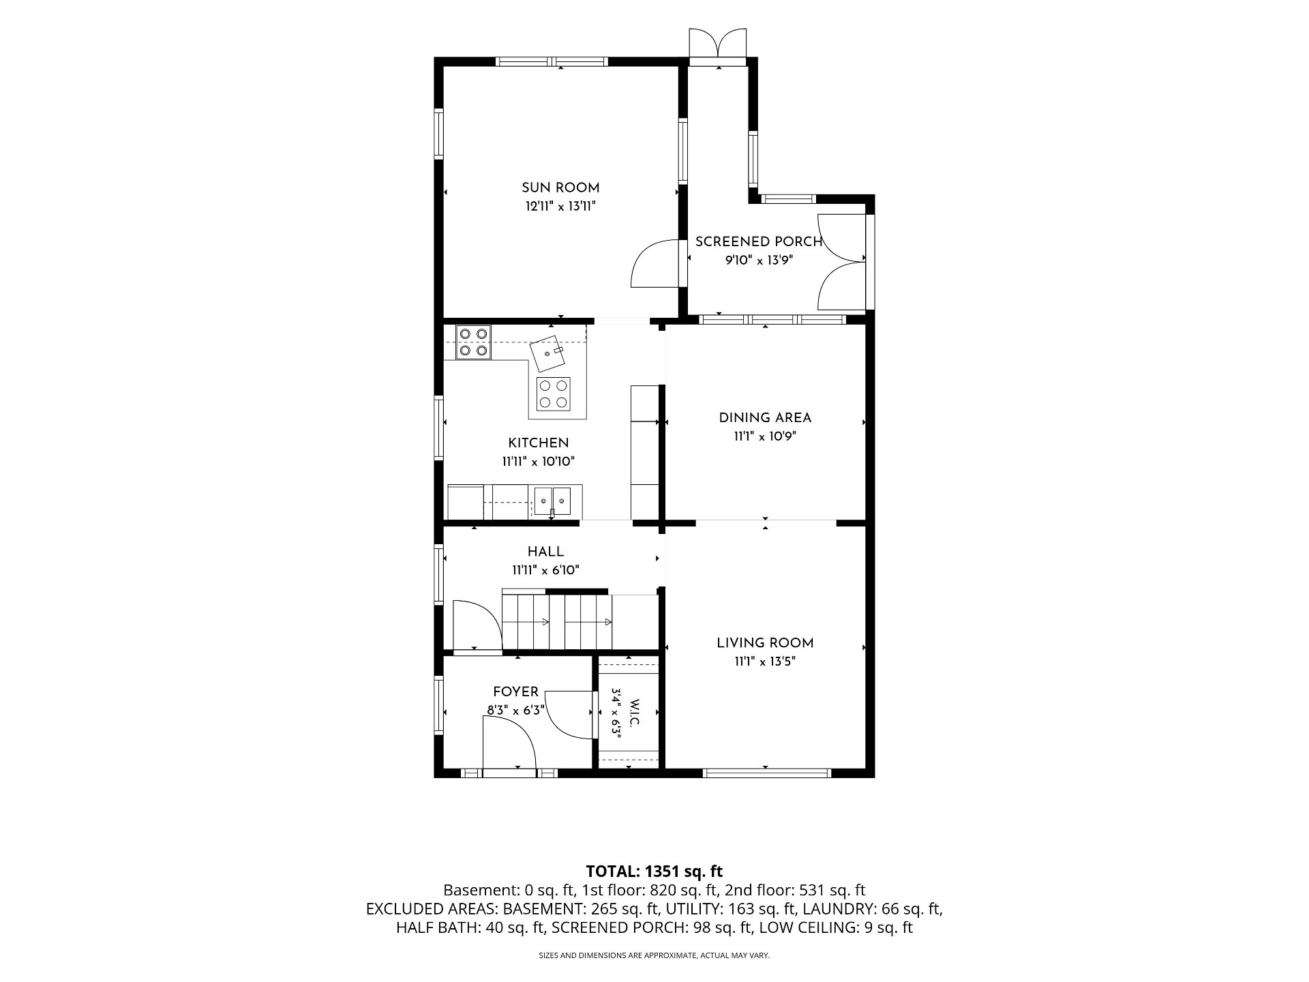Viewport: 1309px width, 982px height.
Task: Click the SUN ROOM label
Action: pos(560,188)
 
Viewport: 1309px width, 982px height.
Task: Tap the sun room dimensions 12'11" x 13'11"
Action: pos(560,206)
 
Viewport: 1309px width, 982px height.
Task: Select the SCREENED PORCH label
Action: pos(758,241)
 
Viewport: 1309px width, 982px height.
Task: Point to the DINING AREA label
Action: pos(765,418)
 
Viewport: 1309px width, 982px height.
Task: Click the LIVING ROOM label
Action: pos(765,643)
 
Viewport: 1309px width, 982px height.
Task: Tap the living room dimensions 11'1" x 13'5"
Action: pos(765,661)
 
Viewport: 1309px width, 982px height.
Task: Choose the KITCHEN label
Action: pos(539,443)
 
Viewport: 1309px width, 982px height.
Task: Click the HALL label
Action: pos(545,552)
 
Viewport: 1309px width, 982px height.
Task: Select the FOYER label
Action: pos(515,692)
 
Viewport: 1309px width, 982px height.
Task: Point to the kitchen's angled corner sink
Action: pos(550,353)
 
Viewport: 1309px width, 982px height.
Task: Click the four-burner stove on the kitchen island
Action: pos(554,393)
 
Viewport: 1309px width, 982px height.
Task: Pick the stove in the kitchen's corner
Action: pos(474,343)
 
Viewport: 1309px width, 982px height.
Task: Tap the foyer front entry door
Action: pos(509,744)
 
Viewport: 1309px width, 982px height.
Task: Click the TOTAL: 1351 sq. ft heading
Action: pos(654,872)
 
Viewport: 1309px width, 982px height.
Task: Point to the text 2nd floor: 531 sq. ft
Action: pos(796,890)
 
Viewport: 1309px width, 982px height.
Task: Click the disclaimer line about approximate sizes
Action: pos(654,956)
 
